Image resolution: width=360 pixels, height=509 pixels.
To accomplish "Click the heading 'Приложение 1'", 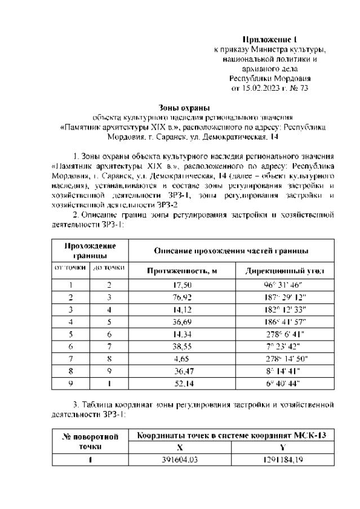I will (x=269, y=39).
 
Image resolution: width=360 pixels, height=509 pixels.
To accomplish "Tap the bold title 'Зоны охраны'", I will (x=182, y=108).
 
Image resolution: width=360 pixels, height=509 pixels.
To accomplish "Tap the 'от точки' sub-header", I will (x=70, y=266).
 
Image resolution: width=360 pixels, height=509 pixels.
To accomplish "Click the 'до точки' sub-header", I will (x=109, y=266).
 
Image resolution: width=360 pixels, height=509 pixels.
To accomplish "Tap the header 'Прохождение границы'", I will (x=90, y=250).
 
